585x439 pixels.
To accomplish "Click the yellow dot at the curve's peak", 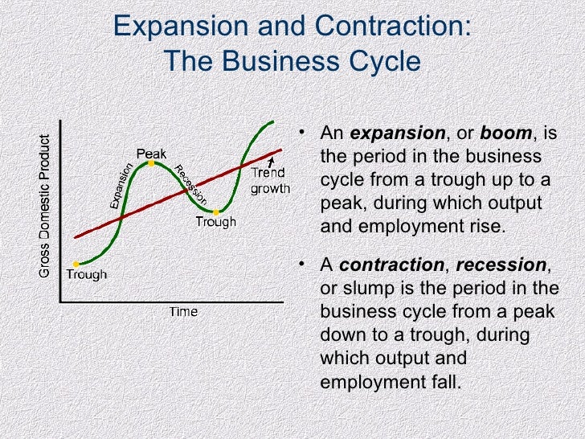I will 149,163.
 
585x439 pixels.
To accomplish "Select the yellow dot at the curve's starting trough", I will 76,264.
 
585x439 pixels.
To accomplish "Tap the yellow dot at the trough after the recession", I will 216,212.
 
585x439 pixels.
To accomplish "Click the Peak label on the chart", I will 151,153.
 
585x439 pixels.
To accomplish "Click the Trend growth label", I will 268,181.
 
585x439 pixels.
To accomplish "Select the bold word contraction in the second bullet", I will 391,265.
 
